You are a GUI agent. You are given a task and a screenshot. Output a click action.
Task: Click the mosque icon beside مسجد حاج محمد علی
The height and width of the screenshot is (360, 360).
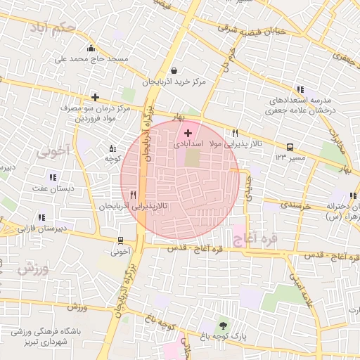[x=91, y=48]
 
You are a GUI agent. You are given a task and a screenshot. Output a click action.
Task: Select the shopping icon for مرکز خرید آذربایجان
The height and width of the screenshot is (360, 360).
[x=174, y=70]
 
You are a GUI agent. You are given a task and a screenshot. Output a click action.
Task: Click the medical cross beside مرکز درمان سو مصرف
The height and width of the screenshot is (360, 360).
[x=95, y=97]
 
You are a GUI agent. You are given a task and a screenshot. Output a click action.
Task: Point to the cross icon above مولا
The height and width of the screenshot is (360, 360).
[x=188, y=132]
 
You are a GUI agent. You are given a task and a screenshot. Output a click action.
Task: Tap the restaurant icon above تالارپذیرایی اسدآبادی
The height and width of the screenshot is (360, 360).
[x=235, y=132]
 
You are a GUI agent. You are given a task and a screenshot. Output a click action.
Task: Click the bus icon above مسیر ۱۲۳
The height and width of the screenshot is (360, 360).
[x=290, y=148]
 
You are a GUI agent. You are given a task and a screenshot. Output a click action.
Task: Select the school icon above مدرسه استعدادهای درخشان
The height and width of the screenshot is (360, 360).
[x=300, y=89]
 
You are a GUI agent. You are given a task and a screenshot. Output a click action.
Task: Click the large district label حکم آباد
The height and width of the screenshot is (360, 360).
[x=53, y=29]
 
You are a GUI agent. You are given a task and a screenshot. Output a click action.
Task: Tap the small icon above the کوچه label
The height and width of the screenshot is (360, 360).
[x=112, y=148]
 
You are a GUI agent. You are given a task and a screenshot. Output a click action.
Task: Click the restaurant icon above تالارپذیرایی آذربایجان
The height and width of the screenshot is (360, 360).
[x=132, y=195]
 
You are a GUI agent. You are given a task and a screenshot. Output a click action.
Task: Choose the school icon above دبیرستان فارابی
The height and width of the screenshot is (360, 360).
[x=41, y=217]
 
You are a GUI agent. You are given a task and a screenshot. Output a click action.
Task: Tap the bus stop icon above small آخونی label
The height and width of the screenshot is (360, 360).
[x=121, y=240]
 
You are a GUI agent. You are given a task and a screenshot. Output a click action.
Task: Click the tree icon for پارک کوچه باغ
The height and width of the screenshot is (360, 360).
[x=224, y=325]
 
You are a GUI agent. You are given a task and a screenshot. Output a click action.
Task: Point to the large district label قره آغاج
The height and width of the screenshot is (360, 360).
[x=252, y=239]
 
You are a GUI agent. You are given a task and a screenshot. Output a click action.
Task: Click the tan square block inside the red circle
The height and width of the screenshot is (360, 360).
[x=192, y=159]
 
